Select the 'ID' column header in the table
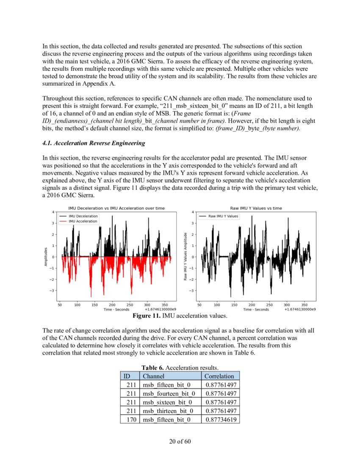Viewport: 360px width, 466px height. tap(126, 376)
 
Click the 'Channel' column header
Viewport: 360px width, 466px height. tap(153, 376)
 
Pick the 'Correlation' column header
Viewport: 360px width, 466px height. tap(219, 376)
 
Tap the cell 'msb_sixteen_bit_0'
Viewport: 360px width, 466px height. tap(167, 402)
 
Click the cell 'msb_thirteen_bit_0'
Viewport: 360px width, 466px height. tap(168, 411)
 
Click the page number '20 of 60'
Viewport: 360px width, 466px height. tap(180, 441)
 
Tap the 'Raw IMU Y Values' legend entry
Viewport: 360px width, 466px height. tap(223, 216)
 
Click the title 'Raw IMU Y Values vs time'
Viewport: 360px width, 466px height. tap(256, 208)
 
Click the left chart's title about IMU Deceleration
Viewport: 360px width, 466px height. tap(116, 208)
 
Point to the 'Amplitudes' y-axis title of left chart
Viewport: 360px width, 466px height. tap(46, 257)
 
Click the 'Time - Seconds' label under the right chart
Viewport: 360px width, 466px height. tap(256, 310)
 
